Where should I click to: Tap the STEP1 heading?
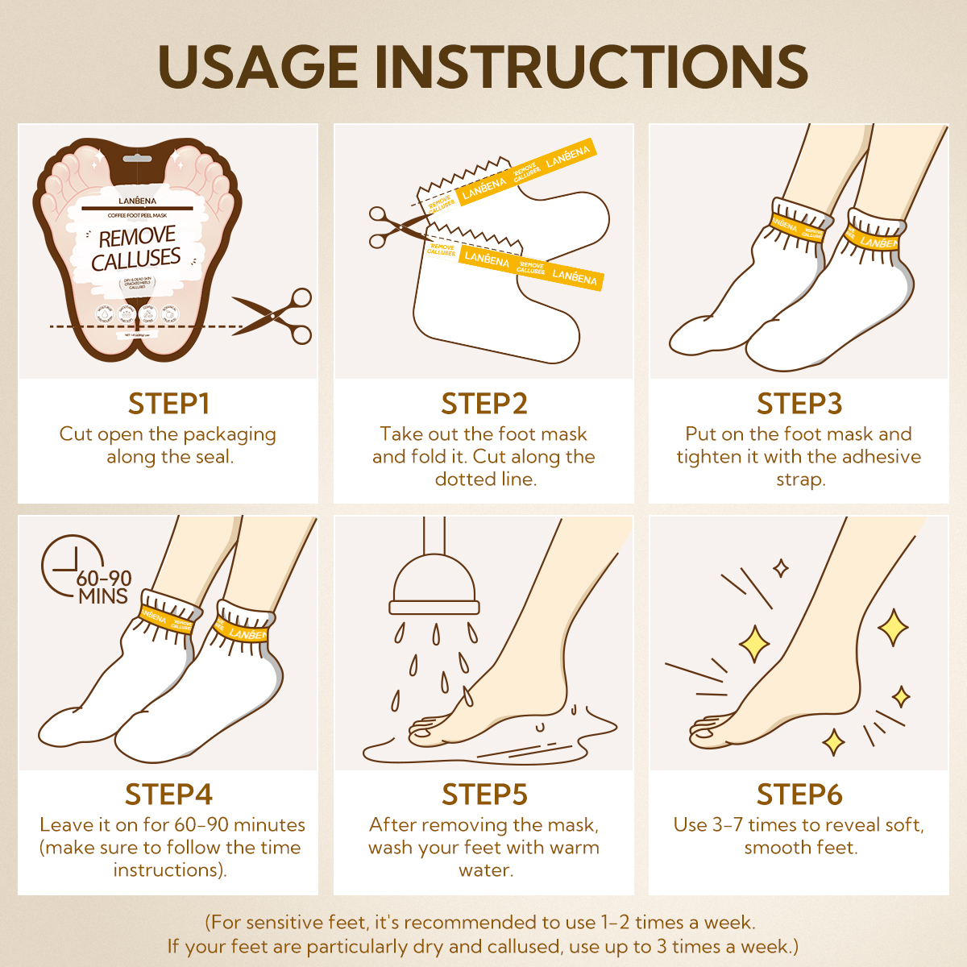(168, 404)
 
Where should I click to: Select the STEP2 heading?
(483, 404)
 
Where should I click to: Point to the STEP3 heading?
(799, 404)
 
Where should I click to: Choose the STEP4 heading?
(168, 795)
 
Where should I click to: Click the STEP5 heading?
(483, 795)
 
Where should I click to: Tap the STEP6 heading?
(799, 795)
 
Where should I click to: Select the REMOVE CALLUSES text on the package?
(137, 248)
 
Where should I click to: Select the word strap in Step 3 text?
(799, 479)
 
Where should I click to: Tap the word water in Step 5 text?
(485, 870)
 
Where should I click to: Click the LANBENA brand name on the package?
(137, 200)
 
